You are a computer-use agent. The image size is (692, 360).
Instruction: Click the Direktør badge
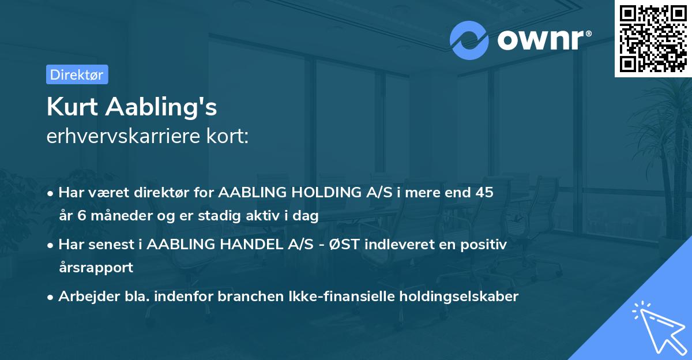pyautogui.click(x=77, y=74)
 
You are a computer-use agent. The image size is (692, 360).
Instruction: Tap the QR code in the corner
pyautogui.click(x=652, y=38)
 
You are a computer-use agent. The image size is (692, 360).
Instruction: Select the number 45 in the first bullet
pyautogui.click(x=483, y=193)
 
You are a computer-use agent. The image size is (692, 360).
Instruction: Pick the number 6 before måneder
pyautogui.click(x=80, y=216)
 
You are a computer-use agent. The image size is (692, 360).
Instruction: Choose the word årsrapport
pyautogui.click(x=96, y=268)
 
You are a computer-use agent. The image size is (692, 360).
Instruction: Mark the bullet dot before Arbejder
pyautogui.click(x=51, y=297)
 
